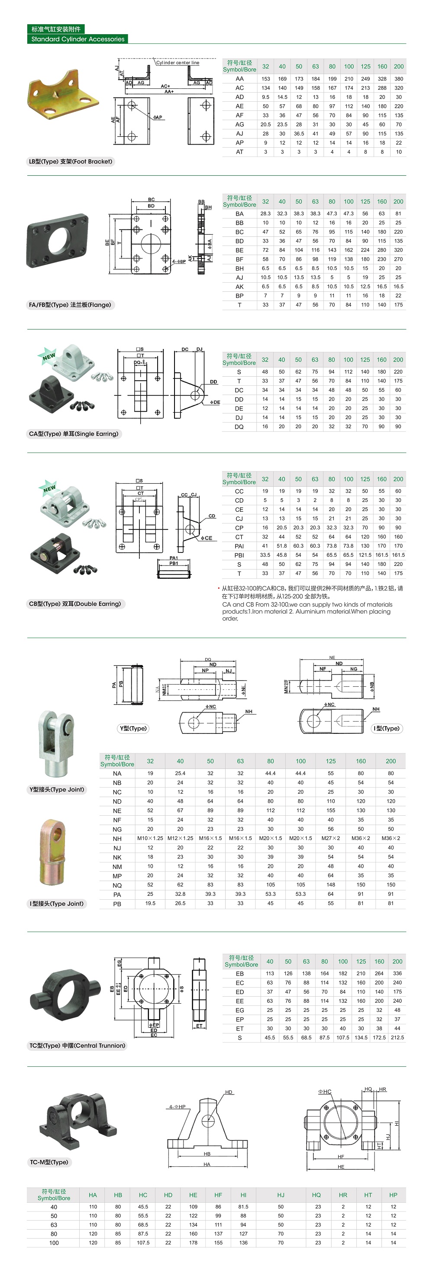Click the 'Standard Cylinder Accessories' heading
click(78, 39)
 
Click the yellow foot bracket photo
click(64, 96)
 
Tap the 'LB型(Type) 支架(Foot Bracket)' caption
click(71, 161)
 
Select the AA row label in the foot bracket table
click(239, 79)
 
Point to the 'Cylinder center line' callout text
click(178, 63)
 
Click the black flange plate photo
click(58, 241)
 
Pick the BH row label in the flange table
click(239, 268)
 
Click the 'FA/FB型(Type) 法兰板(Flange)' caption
click(70, 305)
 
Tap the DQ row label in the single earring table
click(239, 426)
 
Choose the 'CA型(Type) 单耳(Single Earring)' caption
click(74, 434)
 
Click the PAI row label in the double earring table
click(239, 546)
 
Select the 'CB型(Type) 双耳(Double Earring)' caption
click(75, 604)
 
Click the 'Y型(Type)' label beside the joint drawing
click(133, 729)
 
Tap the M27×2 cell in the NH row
click(330, 839)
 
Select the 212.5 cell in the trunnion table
click(397, 1037)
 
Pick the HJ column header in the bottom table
click(281, 1195)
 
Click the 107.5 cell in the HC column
click(143, 1243)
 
